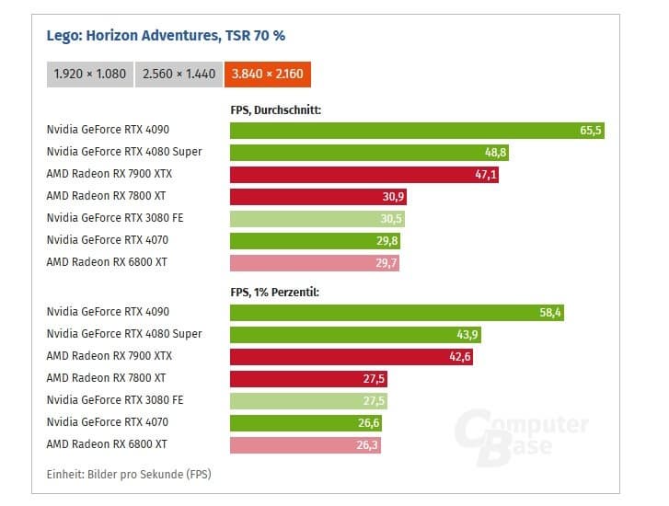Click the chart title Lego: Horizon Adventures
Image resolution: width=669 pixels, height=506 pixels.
click(x=166, y=37)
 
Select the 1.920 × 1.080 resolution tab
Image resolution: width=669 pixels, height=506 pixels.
click(x=89, y=74)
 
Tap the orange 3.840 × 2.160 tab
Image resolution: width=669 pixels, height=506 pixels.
click(x=268, y=74)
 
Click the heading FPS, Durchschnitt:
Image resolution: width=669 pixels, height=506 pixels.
click(x=275, y=110)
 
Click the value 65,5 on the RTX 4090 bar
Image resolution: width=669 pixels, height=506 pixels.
click(x=591, y=131)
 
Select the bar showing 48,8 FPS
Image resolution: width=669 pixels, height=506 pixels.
click(x=368, y=153)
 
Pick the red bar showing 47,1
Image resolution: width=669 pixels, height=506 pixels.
click(x=363, y=175)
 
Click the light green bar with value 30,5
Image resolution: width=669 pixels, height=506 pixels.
click(x=317, y=219)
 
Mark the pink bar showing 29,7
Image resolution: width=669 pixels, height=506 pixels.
click(x=314, y=263)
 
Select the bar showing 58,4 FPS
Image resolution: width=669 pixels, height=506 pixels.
click(x=396, y=313)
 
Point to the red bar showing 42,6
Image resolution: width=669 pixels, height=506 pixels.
click(x=351, y=357)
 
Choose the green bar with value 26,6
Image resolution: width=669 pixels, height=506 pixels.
click(x=305, y=423)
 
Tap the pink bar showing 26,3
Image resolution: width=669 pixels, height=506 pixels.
click(x=304, y=445)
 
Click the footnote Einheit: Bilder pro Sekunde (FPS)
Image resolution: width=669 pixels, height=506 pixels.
click(x=129, y=474)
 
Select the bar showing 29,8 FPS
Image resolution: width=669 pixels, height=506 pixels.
click(x=314, y=241)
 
